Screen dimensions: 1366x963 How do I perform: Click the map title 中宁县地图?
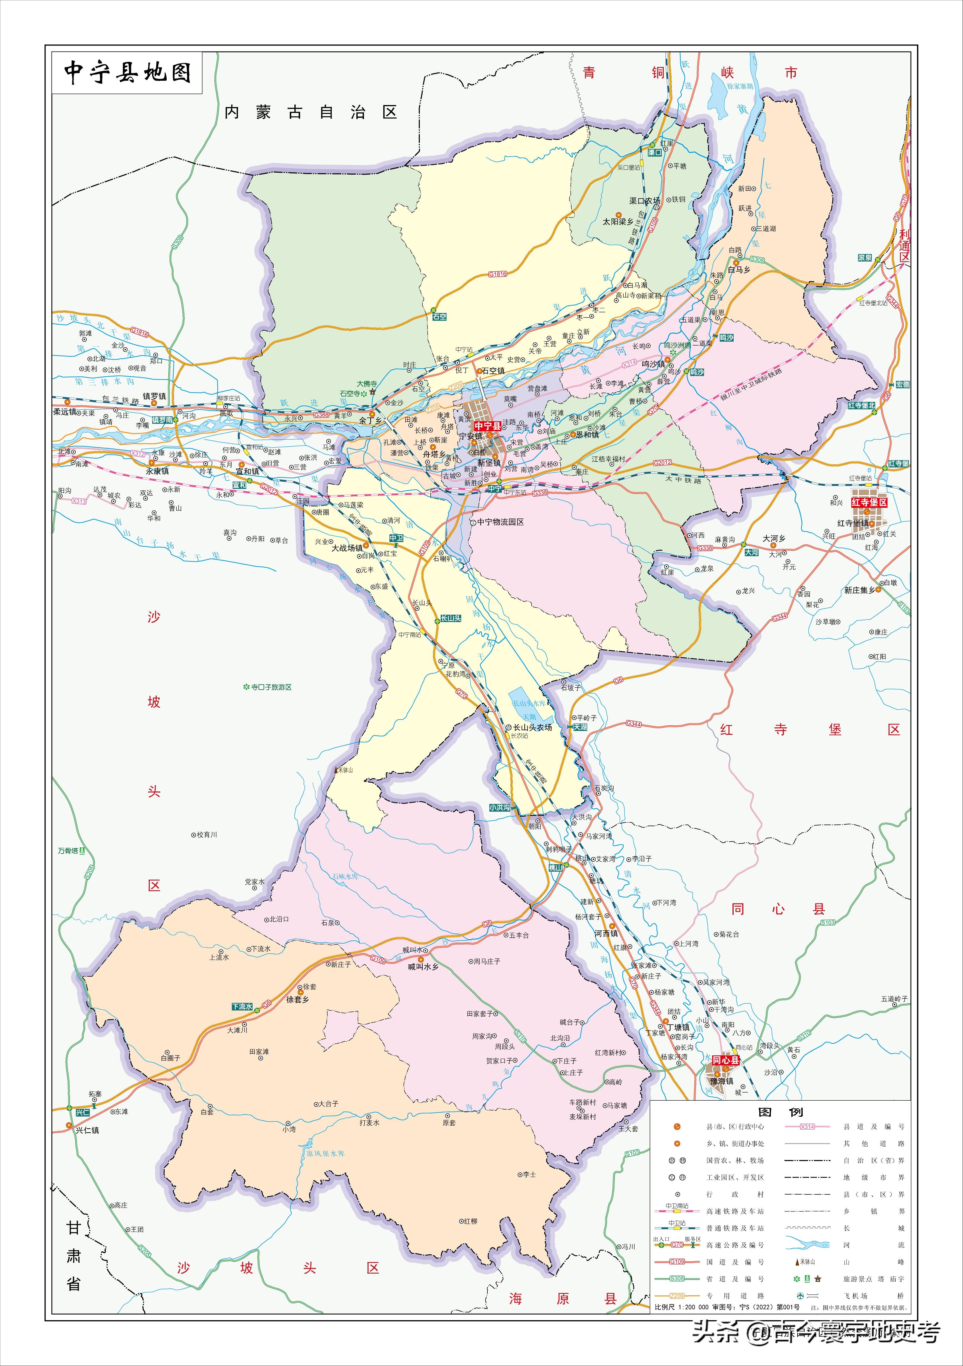(127, 73)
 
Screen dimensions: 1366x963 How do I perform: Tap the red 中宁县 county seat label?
(487, 426)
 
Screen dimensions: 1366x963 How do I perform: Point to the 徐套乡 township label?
(298, 1000)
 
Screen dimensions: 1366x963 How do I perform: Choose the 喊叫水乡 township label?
(423, 967)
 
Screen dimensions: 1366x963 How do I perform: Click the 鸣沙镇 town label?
(653, 364)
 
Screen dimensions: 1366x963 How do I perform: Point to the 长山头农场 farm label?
(533, 727)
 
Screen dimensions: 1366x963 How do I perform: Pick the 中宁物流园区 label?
(500, 522)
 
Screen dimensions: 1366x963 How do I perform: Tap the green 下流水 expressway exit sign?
(242, 1007)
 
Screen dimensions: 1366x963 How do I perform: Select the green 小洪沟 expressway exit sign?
(499, 807)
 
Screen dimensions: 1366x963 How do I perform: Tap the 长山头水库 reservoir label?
(529, 703)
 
